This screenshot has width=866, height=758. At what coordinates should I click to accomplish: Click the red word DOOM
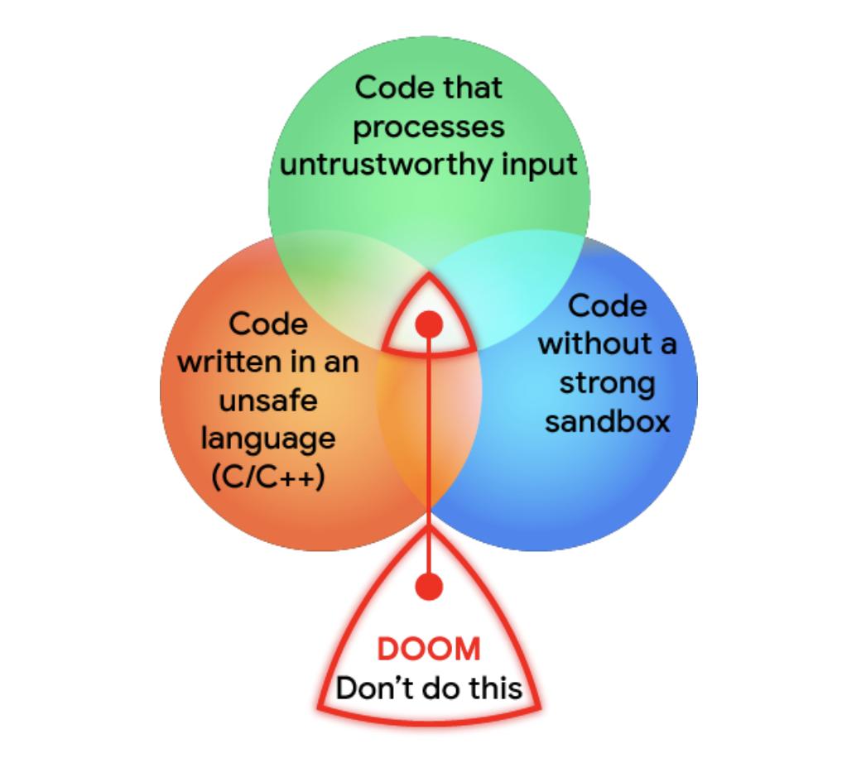(x=429, y=650)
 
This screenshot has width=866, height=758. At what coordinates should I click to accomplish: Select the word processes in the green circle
(x=429, y=127)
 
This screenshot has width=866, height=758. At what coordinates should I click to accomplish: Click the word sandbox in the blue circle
(x=607, y=421)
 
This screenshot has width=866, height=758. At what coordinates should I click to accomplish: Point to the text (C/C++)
(x=267, y=477)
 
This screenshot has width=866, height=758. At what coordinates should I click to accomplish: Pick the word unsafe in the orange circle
(x=267, y=401)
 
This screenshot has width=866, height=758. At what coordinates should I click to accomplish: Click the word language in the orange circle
(x=267, y=439)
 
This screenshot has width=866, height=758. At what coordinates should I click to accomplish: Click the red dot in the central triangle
(x=429, y=324)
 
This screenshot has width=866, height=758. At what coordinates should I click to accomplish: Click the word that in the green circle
(x=472, y=89)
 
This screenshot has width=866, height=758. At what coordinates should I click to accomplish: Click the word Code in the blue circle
(x=607, y=305)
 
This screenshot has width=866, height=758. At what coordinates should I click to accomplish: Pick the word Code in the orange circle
(x=267, y=324)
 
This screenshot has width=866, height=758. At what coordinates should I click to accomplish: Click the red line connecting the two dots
(x=429, y=455)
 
